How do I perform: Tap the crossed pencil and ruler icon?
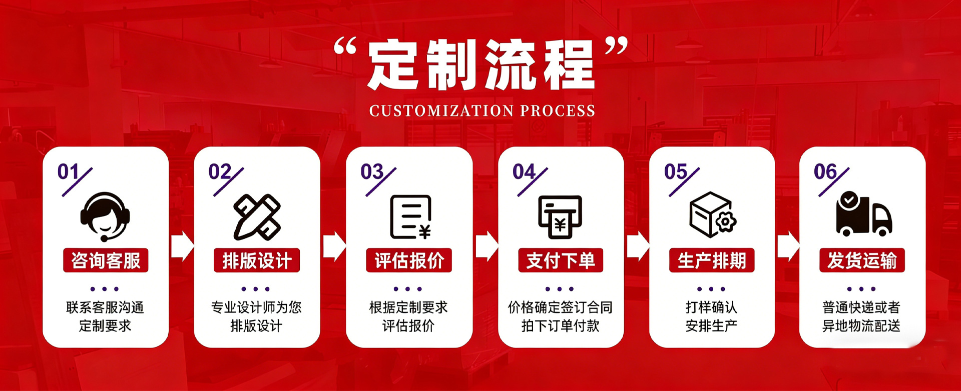(x=257, y=217)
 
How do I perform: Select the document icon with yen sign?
(x=410, y=217)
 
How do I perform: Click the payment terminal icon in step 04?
(x=560, y=217)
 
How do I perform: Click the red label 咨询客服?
(x=106, y=260)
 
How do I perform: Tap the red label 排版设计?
(x=257, y=260)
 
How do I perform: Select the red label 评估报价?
(x=409, y=260)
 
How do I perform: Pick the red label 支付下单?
(x=561, y=260)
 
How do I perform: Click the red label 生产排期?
(x=712, y=260)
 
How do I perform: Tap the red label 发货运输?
(x=862, y=260)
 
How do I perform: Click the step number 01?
(x=68, y=172)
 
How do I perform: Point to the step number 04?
(x=524, y=172)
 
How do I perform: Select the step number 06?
(x=825, y=172)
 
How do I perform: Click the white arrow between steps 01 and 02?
(x=182, y=246)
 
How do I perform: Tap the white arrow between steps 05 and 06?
(x=788, y=246)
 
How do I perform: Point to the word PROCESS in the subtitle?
(x=558, y=110)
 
